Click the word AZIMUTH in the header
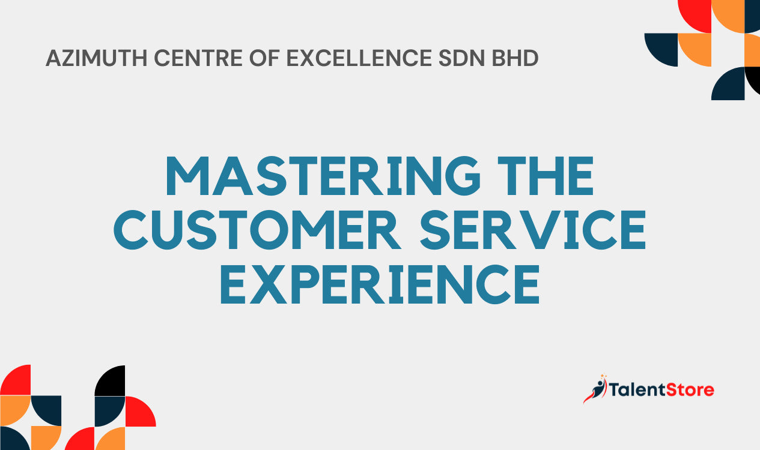click(97, 58)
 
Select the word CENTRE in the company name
click(198, 58)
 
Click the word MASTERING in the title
click(323, 176)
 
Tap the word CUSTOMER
click(257, 230)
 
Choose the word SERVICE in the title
click(533, 230)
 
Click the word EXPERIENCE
click(380, 284)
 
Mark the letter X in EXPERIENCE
click(269, 284)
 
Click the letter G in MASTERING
click(463, 176)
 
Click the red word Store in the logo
click(690, 390)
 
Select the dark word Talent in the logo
click(638, 389)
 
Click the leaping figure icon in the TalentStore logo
click(595, 389)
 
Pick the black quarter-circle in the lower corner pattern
click(109, 380)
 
